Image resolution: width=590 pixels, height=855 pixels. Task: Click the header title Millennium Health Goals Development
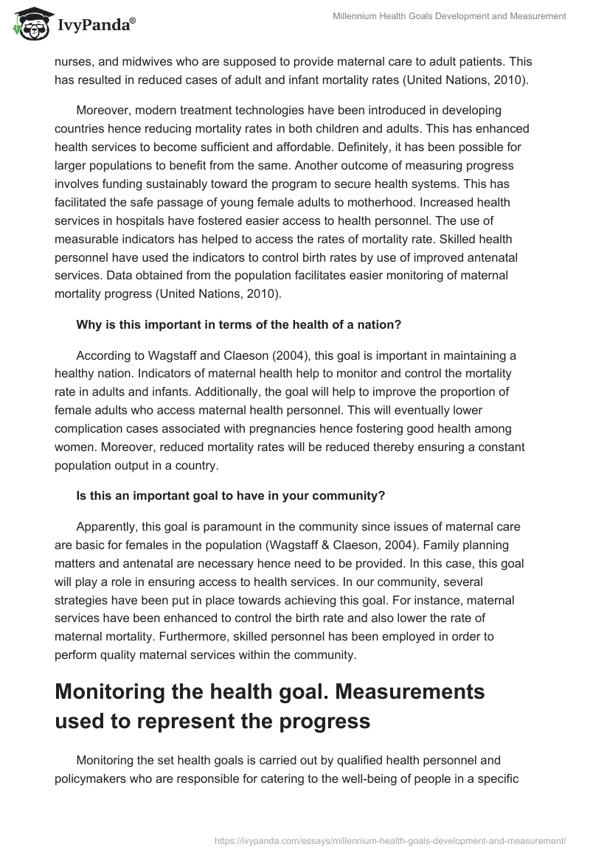click(450, 15)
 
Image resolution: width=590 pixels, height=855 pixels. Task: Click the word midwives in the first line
click(147, 62)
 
